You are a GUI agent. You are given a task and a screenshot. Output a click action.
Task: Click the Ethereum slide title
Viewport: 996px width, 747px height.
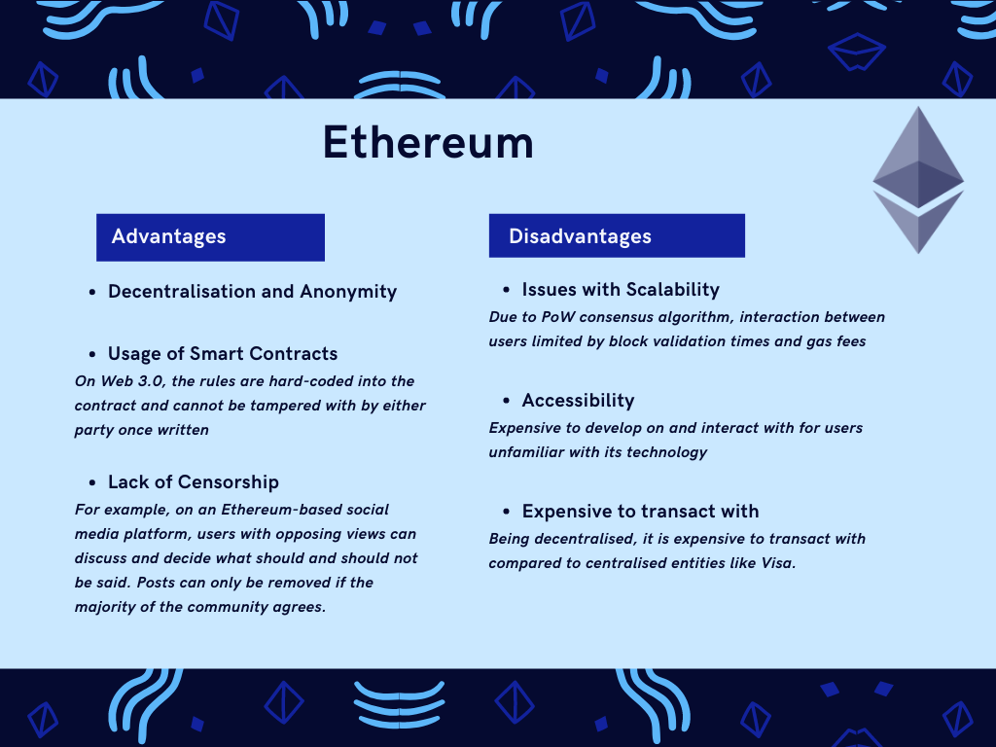click(428, 143)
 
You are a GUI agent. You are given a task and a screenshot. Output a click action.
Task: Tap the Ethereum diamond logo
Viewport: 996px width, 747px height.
click(917, 180)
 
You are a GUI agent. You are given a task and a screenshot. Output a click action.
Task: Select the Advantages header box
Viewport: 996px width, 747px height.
click(210, 236)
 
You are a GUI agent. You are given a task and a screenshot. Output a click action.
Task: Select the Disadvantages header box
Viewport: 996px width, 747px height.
click(617, 236)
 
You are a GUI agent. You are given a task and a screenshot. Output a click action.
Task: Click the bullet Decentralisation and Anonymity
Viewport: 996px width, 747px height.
click(252, 292)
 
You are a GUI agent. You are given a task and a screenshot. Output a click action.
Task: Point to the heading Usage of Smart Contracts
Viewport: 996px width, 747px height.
click(223, 354)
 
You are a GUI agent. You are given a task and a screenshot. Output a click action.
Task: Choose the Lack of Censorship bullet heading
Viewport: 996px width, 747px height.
click(193, 482)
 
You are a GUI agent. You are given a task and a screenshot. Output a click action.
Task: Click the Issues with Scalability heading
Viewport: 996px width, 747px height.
click(620, 290)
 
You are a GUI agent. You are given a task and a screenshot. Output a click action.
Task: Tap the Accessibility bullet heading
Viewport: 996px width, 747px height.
click(578, 401)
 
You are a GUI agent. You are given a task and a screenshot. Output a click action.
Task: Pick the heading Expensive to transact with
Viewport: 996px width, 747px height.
click(640, 512)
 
